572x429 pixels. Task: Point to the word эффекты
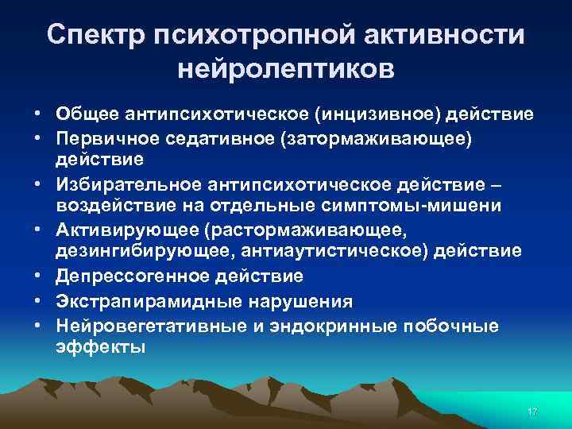tap(100, 347)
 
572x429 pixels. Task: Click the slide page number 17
tap(531, 412)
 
